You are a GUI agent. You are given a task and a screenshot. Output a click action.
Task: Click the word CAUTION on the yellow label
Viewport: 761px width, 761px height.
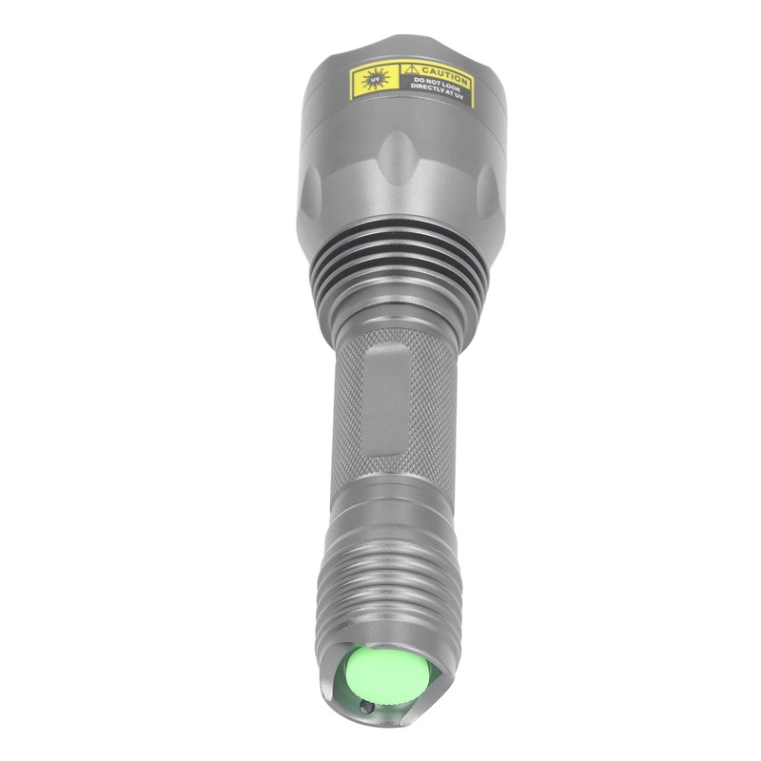tap(443, 74)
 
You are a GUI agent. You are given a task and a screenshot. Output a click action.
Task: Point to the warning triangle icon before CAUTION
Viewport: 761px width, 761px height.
tap(409, 70)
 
